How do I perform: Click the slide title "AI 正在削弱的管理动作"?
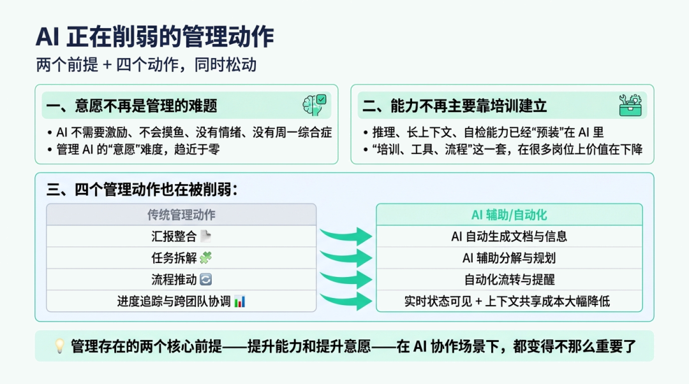[x=155, y=37]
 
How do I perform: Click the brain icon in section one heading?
[x=315, y=104]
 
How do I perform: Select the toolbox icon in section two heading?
[x=630, y=105]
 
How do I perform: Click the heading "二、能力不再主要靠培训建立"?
[x=454, y=105]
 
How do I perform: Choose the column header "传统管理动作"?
[x=181, y=215]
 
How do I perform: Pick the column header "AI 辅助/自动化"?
[x=509, y=215]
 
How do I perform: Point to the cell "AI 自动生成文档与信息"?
[x=509, y=236]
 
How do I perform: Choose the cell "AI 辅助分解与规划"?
[x=509, y=258]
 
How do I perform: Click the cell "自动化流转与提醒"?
[x=509, y=280]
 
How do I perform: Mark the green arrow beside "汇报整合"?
[x=346, y=236]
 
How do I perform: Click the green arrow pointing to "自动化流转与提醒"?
[x=346, y=279]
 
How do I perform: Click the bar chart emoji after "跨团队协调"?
[x=239, y=301]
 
